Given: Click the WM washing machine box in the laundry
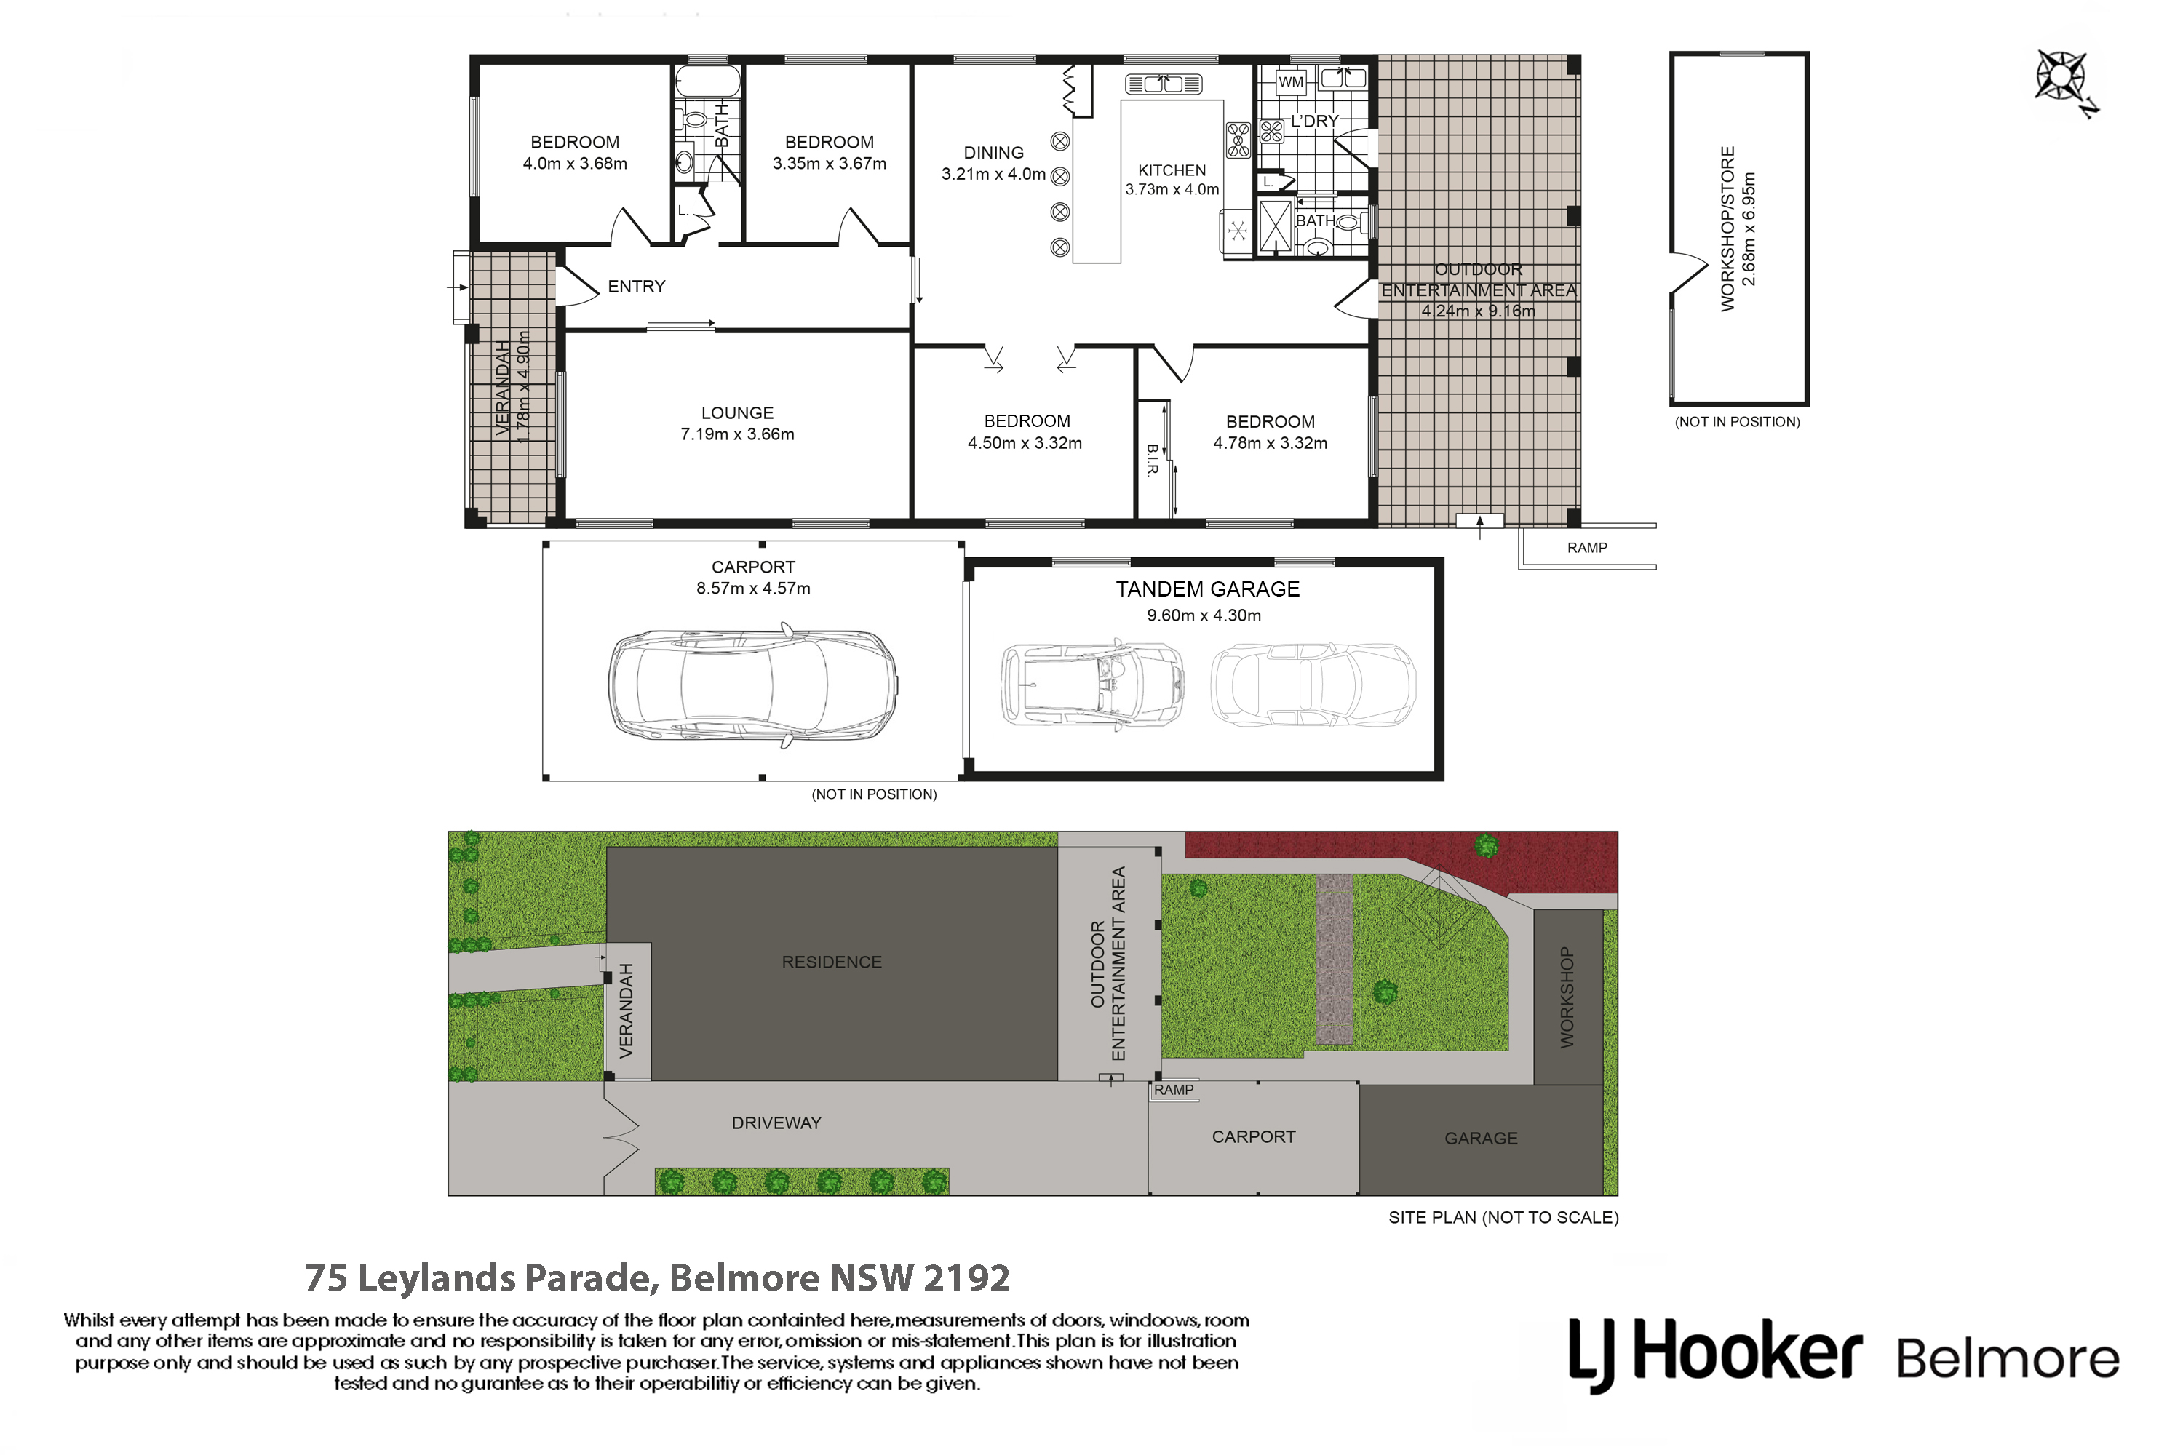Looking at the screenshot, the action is coord(1290,83).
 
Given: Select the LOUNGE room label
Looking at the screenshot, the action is coord(737,413).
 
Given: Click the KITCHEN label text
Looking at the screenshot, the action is coord(1172,171).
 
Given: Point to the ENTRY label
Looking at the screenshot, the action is coord(637,287).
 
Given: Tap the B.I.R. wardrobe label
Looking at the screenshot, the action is coord(1152,459).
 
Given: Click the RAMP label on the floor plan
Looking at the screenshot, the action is coord(1587,548).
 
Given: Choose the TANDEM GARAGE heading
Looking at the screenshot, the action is coord(1207,589).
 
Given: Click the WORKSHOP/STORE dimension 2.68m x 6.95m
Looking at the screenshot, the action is coord(1749,228).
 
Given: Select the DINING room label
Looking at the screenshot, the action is coord(993,152).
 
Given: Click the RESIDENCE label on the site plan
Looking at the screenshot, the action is coord(832,962).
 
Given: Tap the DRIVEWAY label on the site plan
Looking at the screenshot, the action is coord(777,1123).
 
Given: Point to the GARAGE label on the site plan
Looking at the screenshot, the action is coord(1482,1139).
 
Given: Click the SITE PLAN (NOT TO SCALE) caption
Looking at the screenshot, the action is coord(1503,1217).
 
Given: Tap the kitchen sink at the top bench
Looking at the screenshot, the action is coord(1163,84).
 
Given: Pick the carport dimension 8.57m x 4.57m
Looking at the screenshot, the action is coord(754,589).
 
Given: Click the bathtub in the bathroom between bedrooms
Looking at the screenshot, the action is coord(707,81).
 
